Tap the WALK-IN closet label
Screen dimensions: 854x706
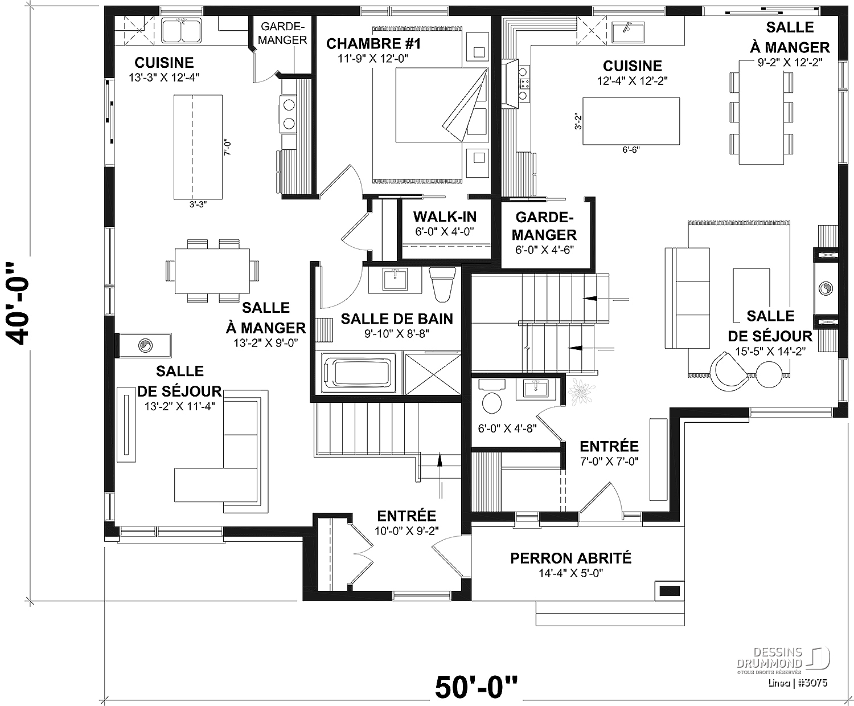(x=445, y=217)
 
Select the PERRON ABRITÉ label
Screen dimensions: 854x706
(x=570, y=558)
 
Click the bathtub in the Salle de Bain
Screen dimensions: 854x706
(x=358, y=373)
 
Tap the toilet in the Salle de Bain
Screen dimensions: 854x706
(x=442, y=284)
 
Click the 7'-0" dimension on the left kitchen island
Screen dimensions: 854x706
(x=228, y=148)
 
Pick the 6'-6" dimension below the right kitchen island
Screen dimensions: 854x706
(x=631, y=150)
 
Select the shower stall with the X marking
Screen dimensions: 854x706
(x=432, y=373)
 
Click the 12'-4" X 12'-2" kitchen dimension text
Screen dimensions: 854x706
(x=633, y=80)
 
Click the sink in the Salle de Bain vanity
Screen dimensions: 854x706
(x=395, y=280)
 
